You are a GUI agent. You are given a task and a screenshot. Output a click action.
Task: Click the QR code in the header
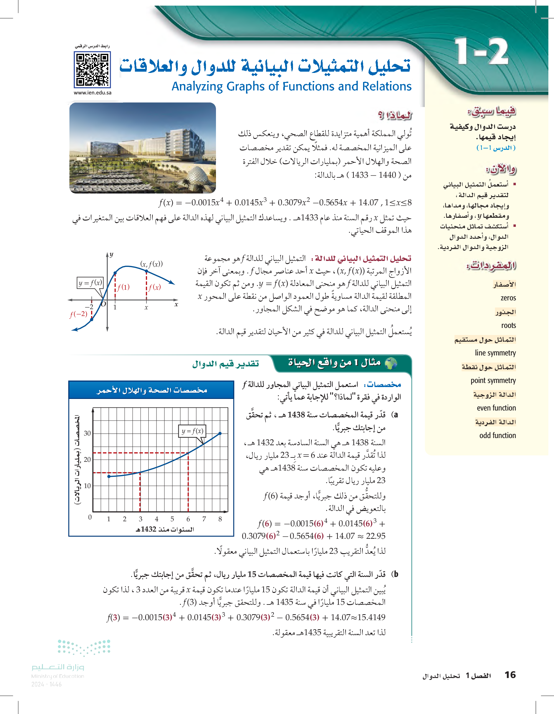[x=92, y=70]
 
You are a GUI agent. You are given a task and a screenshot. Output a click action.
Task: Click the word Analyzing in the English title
[x=197, y=87]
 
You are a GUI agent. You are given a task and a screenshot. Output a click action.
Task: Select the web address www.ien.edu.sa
[x=93, y=93]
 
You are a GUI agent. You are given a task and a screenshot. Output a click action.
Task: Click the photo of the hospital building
[x=143, y=148]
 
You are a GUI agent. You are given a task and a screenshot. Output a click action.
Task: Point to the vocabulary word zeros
[x=508, y=298]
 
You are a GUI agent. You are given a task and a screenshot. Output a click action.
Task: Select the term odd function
[x=497, y=436]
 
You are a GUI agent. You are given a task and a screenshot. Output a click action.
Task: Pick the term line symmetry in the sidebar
[x=495, y=353]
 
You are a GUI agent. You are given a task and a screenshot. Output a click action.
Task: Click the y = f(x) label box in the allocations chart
[x=192, y=431]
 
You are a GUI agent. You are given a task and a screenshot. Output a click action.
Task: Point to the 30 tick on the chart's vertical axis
[x=87, y=433]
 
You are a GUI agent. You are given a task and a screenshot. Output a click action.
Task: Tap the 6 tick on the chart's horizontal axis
[x=188, y=519]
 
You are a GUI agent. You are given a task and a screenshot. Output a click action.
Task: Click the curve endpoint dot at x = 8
[x=220, y=434]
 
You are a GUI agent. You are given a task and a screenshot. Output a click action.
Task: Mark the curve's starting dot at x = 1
[x=109, y=476]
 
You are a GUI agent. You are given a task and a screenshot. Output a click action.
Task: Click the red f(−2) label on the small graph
[x=79, y=314]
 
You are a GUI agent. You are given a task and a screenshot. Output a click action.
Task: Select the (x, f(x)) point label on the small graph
[x=151, y=264]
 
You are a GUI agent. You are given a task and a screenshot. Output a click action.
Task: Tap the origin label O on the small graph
[x=103, y=304]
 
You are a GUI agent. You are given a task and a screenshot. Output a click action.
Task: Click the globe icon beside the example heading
[x=391, y=363]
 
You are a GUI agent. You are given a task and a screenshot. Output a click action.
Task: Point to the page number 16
[x=510, y=675]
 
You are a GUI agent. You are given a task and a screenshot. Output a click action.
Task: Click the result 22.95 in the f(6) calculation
[x=376, y=536]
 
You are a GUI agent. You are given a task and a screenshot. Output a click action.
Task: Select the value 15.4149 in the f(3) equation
[x=371, y=617]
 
